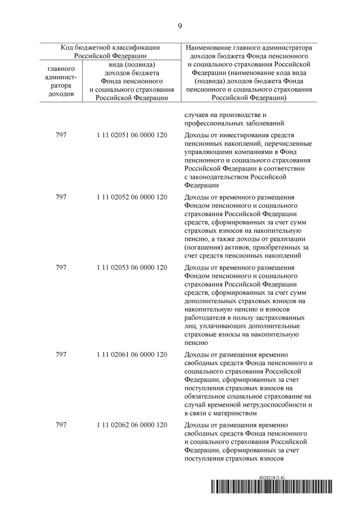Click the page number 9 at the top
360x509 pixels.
(x=180, y=26)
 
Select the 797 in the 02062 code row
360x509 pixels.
(x=61, y=425)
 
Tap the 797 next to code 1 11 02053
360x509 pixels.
(x=61, y=268)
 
